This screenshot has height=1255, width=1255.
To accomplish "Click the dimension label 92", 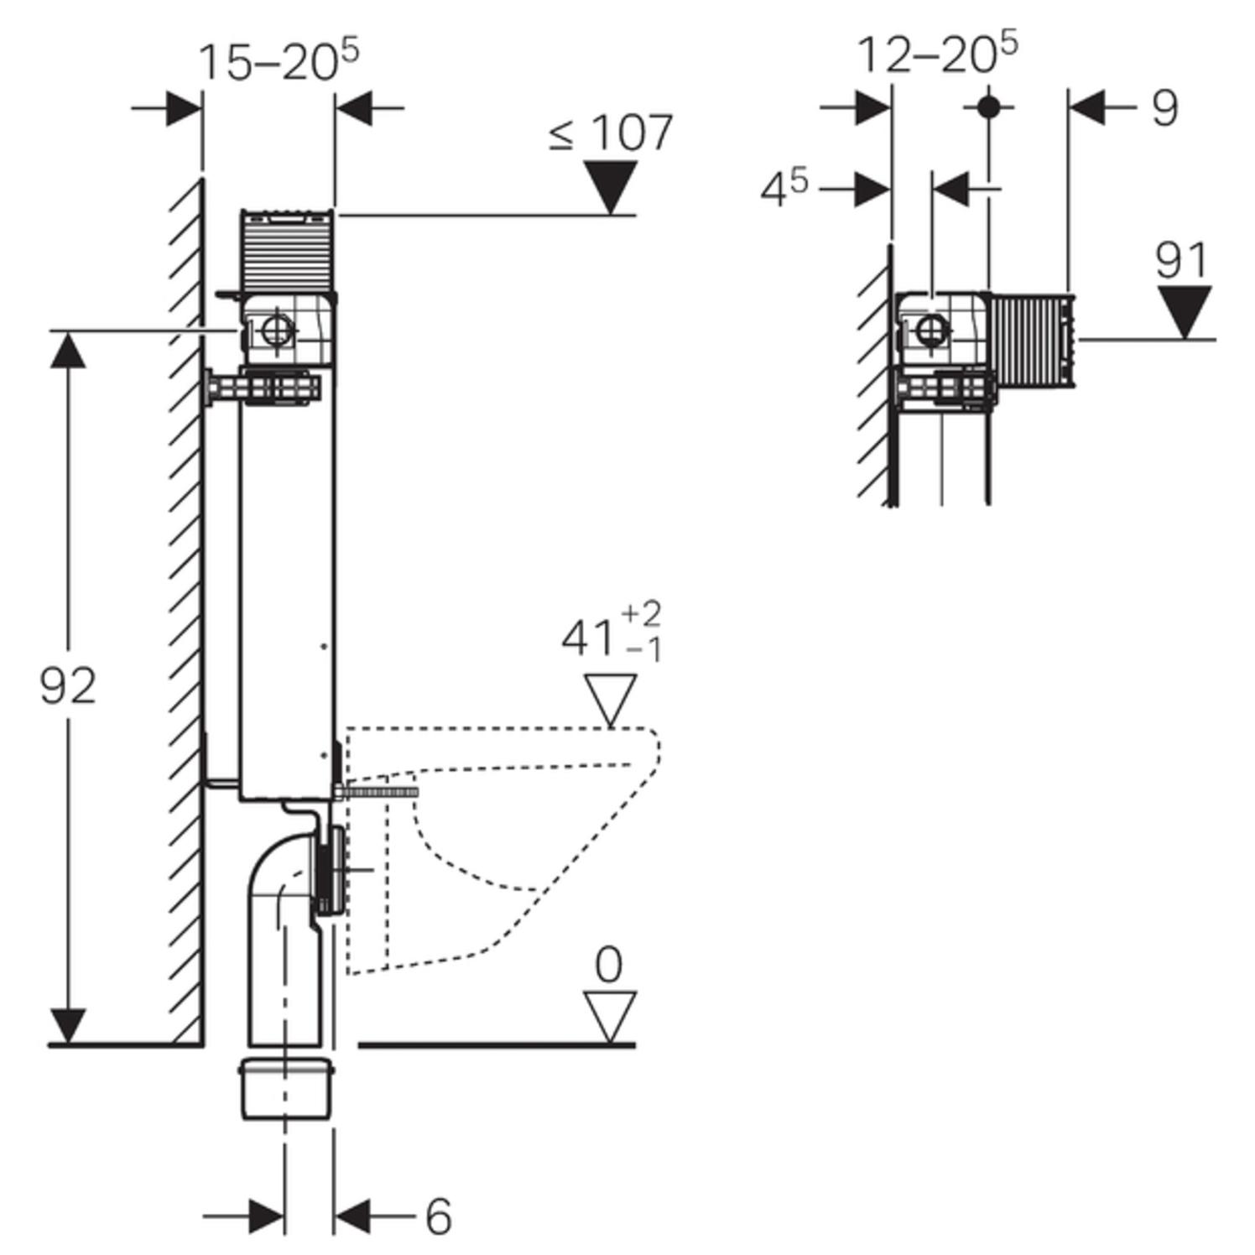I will [68, 686].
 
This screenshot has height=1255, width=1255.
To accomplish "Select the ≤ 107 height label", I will [612, 133].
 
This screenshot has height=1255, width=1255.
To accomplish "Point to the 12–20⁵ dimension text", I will [937, 55].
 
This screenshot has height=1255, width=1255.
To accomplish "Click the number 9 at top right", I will [1164, 108].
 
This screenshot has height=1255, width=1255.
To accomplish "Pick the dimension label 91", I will [1181, 260].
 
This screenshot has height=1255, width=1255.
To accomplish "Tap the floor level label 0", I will [609, 965].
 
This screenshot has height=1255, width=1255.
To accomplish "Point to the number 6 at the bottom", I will [438, 1216].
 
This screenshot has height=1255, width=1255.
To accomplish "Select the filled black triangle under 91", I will [1184, 310].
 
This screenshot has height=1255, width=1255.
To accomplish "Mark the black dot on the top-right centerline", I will [989, 107].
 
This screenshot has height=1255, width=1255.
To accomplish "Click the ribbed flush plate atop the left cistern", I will [287, 250].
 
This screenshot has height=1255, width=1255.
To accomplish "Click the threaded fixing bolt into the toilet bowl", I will [378, 790].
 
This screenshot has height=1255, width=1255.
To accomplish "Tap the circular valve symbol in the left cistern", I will [276, 331].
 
